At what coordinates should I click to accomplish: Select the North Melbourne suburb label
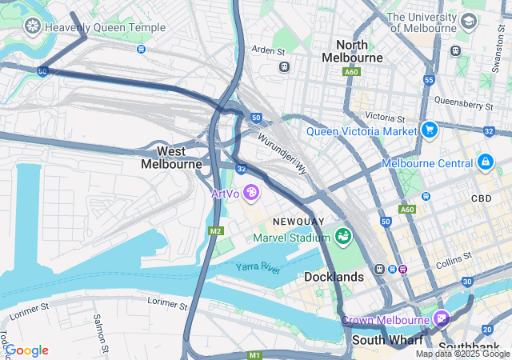click(352, 51)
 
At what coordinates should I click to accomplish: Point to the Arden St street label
click(269, 50)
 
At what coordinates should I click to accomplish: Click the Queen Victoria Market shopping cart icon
click(430, 130)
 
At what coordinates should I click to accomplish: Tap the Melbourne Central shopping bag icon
click(484, 162)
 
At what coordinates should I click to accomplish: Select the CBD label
click(482, 198)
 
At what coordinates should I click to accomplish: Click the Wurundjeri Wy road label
click(282, 154)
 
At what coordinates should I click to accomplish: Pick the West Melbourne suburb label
click(171, 158)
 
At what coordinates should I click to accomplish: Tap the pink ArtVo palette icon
click(251, 192)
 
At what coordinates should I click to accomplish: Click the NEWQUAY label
click(298, 221)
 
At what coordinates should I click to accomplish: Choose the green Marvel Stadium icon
click(343, 237)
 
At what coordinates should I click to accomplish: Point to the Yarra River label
click(258, 269)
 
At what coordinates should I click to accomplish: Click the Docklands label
click(334, 277)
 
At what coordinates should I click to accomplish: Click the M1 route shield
click(254, 354)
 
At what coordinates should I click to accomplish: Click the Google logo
click(26, 350)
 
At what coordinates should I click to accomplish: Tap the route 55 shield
click(429, 80)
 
